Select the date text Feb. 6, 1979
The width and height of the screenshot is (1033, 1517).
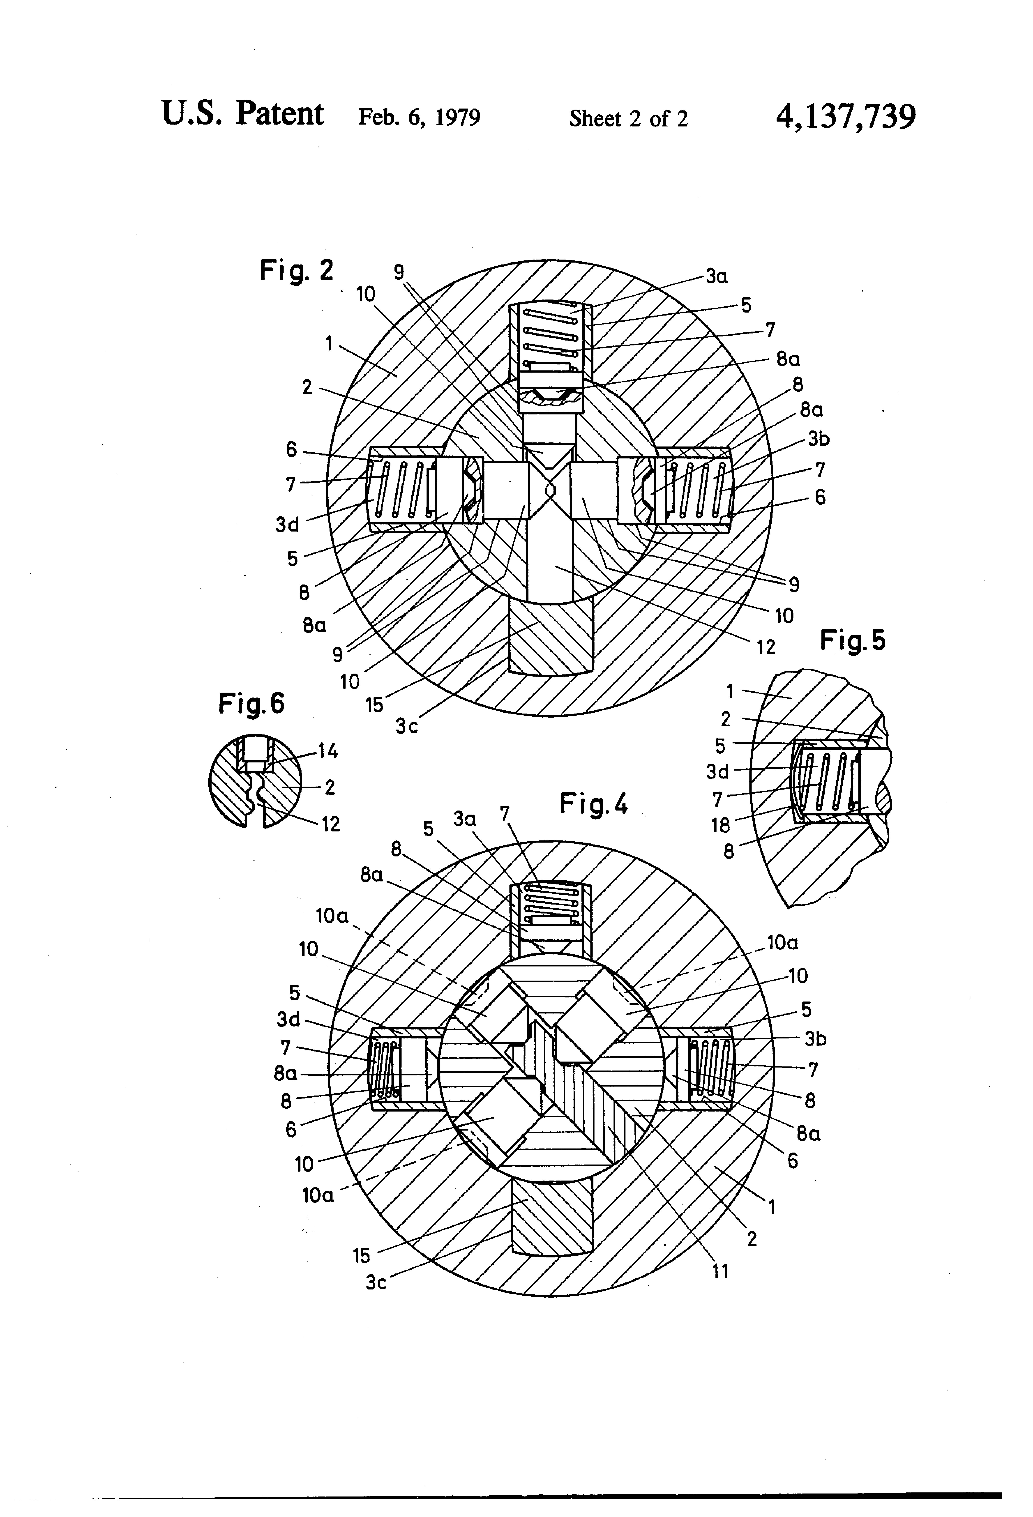pos(419,117)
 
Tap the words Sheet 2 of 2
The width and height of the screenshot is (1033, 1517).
pos(628,118)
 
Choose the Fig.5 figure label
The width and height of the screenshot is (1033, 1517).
pos(853,640)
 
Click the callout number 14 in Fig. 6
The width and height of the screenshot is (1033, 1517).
pos(328,752)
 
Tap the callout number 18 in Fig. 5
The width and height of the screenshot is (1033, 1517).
pos(720,825)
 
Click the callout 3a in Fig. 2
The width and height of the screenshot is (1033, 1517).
pos(716,277)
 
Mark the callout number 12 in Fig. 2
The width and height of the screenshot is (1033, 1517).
pos(766,647)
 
